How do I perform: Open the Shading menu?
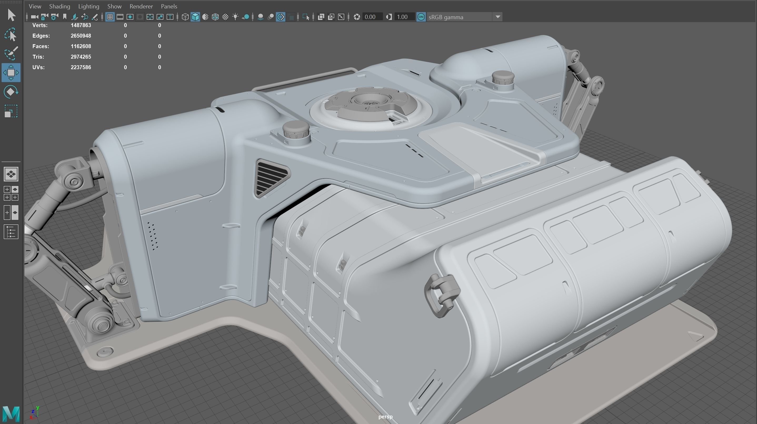pyautogui.click(x=59, y=6)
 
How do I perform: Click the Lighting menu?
pyautogui.click(x=88, y=6)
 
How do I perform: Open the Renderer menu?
pyautogui.click(x=141, y=6)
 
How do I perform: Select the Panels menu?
pyautogui.click(x=169, y=6)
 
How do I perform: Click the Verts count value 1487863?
pyautogui.click(x=81, y=25)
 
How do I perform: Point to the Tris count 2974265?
pyautogui.click(x=81, y=57)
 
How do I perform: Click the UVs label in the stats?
pyautogui.click(x=38, y=67)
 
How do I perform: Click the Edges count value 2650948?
pyautogui.click(x=81, y=36)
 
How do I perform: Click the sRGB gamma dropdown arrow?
pyautogui.click(x=498, y=17)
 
